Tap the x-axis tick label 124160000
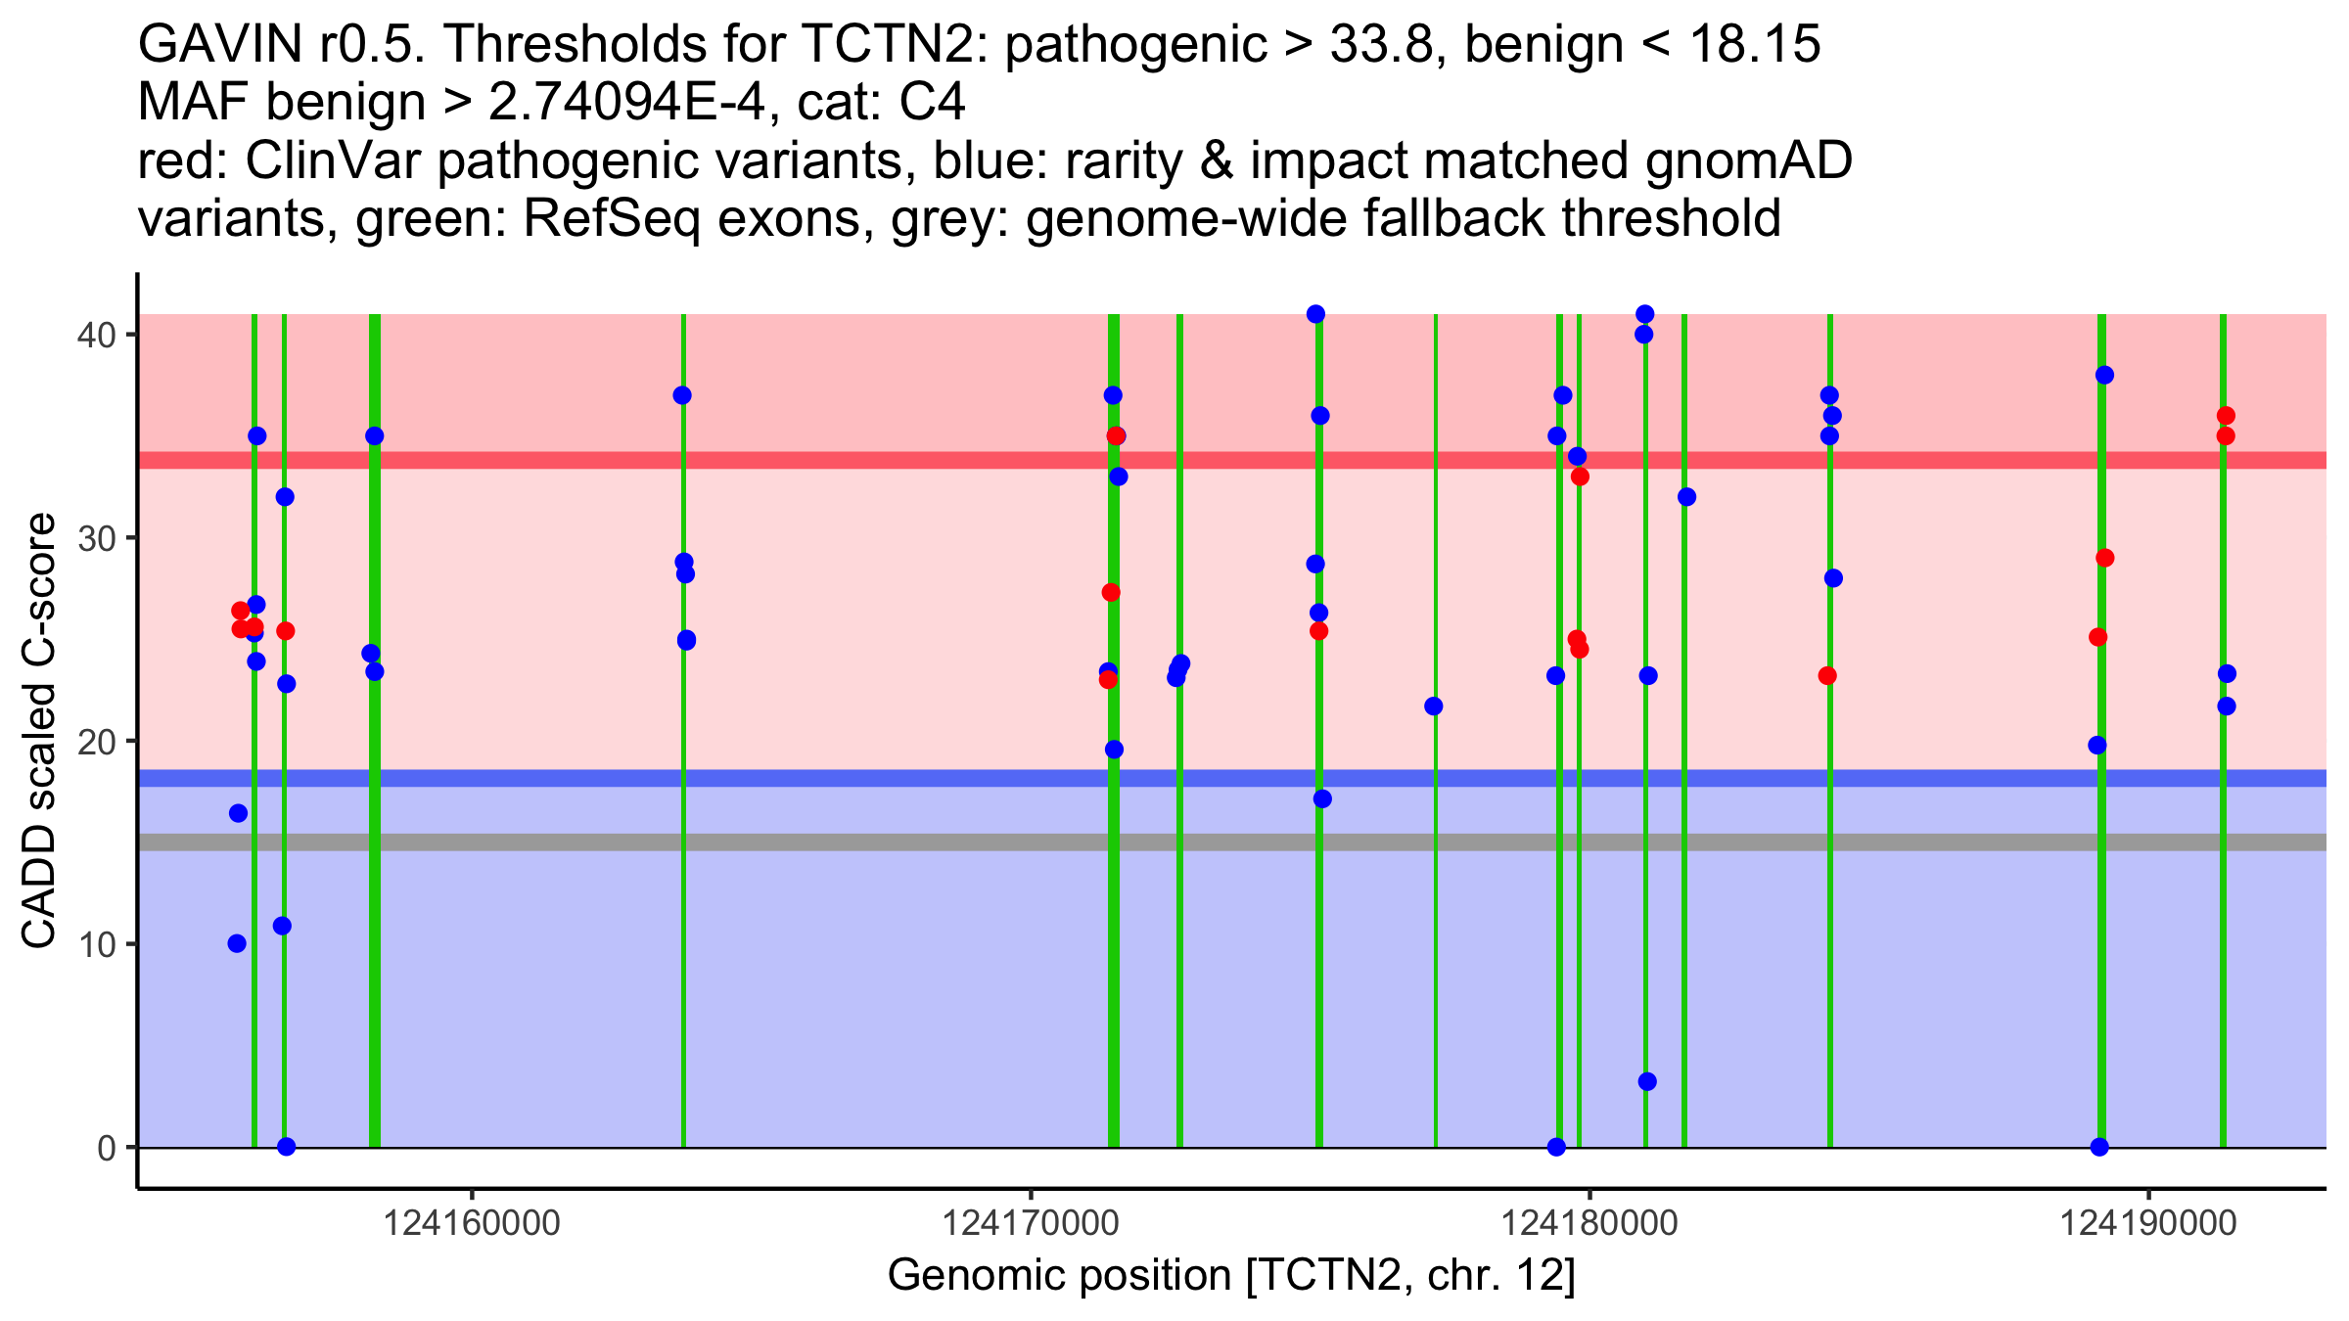[x=472, y=1223]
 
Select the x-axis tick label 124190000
[x=2148, y=1223]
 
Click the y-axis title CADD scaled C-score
[x=39, y=732]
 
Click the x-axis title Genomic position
[x=1231, y=1276]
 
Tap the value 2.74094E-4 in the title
[x=626, y=103]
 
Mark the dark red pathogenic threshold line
[x=979, y=460]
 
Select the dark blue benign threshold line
[x=979, y=778]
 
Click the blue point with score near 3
[x=1647, y=1081]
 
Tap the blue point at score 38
[x=2104, y=375]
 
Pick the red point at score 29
[x=2104, y=558]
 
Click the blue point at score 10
[x=237, y=943]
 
